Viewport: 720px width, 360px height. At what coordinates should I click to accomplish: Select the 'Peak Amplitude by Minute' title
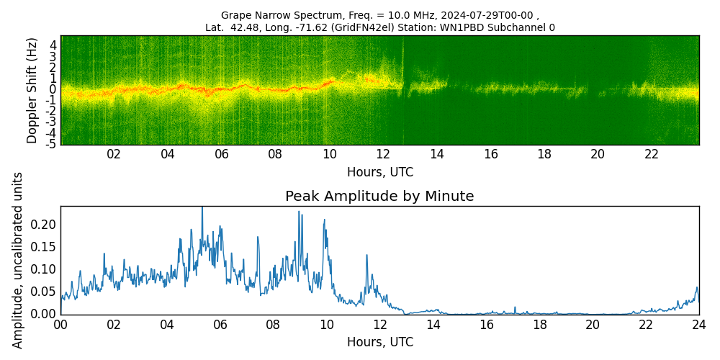(379, 197)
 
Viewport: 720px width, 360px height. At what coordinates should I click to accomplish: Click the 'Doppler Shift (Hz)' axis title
(32, 91)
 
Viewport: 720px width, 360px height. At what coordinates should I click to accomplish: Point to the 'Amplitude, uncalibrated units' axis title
(18, 260)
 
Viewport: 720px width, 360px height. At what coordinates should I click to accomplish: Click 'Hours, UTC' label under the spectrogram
(379, 173)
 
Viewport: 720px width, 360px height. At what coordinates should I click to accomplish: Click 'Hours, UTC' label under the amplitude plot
(379, 342)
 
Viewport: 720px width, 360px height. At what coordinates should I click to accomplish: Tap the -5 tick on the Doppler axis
(51, 144)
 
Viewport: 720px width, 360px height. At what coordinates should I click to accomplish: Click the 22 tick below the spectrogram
(652, 154)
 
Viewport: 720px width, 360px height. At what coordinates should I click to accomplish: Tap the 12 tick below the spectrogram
(383, 154)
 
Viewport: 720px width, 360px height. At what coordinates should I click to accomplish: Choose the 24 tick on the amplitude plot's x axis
(698, 325)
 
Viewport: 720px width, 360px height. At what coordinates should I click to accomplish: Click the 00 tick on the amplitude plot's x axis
(60, 325)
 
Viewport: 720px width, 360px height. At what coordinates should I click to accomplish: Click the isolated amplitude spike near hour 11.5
(366, 255)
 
